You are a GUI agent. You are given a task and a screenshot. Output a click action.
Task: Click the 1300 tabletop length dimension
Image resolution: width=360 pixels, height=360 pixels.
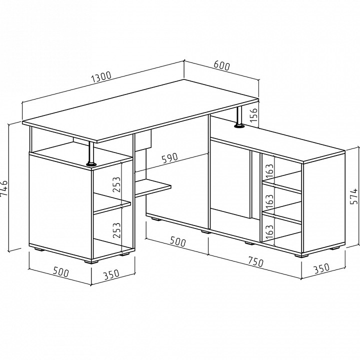(x=101, y=76)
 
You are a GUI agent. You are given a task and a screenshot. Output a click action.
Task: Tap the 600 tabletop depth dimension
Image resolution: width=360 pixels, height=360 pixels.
(x=221, y=65)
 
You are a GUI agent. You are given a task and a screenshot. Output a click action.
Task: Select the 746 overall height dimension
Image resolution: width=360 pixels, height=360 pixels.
(x=3, y=188)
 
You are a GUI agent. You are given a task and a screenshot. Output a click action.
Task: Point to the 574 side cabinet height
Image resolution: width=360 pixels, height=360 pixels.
(x=354, y=196)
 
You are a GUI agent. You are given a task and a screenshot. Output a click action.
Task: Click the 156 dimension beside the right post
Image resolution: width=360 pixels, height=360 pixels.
(x=253, y=115)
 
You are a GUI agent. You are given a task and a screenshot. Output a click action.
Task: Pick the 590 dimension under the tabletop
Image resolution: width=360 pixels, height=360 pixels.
(x=170, y=158)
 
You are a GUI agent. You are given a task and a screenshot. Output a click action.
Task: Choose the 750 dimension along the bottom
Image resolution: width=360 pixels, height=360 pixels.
(x=256, y=261)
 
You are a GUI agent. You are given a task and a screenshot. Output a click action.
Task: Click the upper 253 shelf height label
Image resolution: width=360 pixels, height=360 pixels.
(x=116, y=184)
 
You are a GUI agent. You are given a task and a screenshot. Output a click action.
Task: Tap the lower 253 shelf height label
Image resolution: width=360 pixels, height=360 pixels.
(x=116, y=230)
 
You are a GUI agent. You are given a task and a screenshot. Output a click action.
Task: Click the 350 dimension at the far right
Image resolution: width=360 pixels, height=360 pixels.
(x=321, y=268)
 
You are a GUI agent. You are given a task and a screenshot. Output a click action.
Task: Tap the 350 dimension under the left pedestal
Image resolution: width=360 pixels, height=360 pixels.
(x=111, y=274)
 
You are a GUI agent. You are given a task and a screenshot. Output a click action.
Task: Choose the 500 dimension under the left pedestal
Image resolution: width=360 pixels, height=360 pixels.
(x=61, y=272)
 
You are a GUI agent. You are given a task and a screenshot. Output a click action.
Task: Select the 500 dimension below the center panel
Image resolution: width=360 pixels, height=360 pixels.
(x=177, y=241)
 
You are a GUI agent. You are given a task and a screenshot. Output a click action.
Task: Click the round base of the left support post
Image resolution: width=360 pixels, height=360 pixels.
(x=91, y=164)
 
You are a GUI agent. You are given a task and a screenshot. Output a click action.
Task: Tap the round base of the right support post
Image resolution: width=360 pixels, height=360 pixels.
(x=239, y=125)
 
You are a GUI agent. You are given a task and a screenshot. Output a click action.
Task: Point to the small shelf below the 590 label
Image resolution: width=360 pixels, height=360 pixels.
(x=153, y=187)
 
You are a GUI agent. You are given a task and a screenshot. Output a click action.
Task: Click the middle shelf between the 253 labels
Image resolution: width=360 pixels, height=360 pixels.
(x=112, y=203)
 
